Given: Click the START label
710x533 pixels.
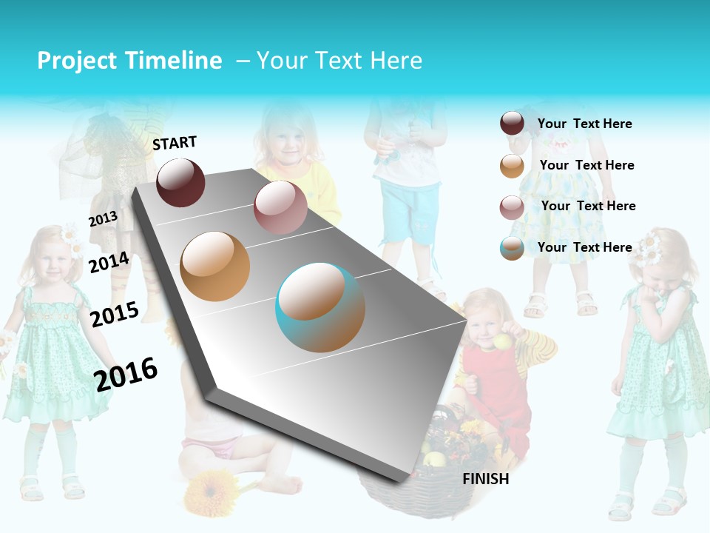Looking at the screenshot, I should pos(175,143).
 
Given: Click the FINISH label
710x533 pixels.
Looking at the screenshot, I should pos(485,479).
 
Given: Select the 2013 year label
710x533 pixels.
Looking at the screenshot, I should pos(103,219).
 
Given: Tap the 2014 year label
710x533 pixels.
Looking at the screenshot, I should pos(109,262).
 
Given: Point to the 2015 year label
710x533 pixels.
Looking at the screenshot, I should pos(115,315).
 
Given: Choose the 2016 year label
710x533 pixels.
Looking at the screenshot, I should pos(126,374).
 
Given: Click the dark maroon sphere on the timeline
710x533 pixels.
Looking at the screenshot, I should pos(180,182).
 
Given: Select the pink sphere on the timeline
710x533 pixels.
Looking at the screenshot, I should pos(280,207).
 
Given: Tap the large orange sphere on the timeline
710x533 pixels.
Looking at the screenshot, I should pos(215,266).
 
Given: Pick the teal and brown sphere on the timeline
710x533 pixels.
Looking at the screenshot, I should pos(320,307).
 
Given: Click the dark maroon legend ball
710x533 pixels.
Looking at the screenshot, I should pos(512,124).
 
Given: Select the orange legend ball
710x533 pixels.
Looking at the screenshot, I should pos(512,166).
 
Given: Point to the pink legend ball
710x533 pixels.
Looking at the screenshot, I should pos(512,207).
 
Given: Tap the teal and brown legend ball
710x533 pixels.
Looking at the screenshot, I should pos(512,248).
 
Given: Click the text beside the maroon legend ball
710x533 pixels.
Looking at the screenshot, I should pos(584,124).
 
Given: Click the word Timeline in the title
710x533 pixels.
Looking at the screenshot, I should pos(175,61).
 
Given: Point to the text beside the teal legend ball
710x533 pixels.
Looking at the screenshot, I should pos(584,247).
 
